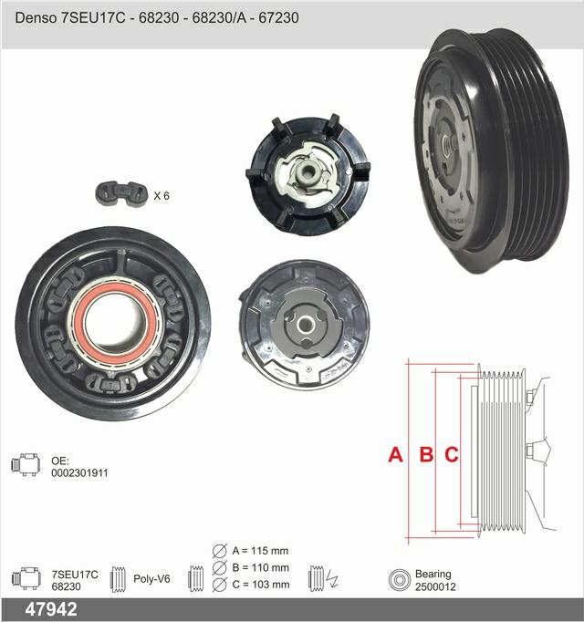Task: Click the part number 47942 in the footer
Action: pos(51,609)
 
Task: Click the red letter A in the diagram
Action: pos(395,454)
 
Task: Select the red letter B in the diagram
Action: pos(426,454)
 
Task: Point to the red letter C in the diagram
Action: pos(452,454)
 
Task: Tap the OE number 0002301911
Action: pos(79,472)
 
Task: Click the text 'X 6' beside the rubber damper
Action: pos(162,196)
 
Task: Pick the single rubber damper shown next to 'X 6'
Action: pos(121,194)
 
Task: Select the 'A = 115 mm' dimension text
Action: pos(260,551)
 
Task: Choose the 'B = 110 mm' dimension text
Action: pos(260,567)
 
